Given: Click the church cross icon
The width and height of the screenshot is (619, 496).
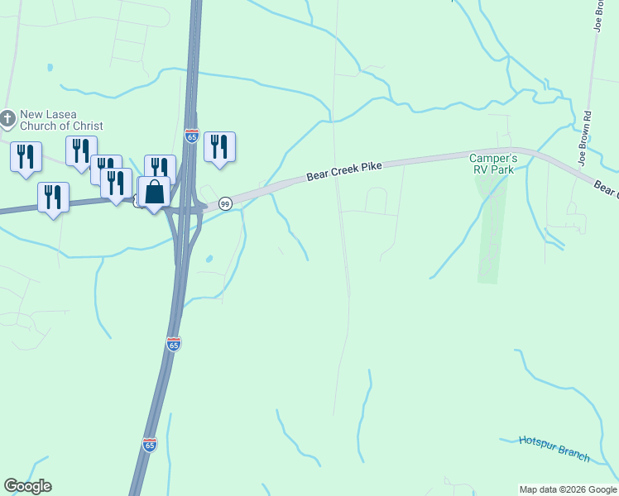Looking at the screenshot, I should click(x=7, y=118).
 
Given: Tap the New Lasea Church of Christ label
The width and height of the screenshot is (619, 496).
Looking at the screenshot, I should click(x=61, y=120).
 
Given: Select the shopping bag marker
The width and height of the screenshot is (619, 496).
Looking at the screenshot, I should click(x=155, y=193).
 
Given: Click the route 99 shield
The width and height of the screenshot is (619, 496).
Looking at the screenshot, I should click(x=224, y=203).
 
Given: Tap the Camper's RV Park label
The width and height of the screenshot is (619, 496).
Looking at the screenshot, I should click(x=493, y=164).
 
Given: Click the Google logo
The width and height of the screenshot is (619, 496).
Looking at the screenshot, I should click(x=27, y=486).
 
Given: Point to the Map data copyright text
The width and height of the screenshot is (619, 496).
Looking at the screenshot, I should click(x=568, y=489).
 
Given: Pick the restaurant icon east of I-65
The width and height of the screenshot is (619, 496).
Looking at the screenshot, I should click(x=219, y=147).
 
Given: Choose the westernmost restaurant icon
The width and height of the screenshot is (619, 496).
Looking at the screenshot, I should click(x=26, y=155).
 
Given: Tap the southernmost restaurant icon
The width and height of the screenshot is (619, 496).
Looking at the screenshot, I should click(x=53, y=197).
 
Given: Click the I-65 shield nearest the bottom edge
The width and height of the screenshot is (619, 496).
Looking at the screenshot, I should click(x=149, y=445).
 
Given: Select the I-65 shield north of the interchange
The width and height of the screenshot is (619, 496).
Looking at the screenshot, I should click(x=191, y=135).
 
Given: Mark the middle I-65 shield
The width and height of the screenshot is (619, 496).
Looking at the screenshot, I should click(x=173, y=343).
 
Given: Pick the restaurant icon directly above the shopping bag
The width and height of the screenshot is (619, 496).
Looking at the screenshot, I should click(x=160, y=169).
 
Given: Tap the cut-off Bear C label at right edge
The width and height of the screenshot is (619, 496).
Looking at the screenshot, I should click(x=607, y=188).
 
